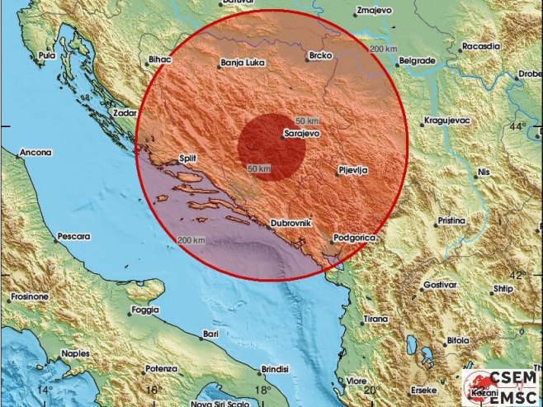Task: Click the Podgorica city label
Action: [x=355, y=238]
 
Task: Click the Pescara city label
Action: [x=73, y=237]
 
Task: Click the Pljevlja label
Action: [x=352, y=170]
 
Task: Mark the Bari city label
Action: [x=210, y=334]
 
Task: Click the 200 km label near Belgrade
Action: [x=383, y=50]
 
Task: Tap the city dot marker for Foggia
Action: [x=130, y=313]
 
